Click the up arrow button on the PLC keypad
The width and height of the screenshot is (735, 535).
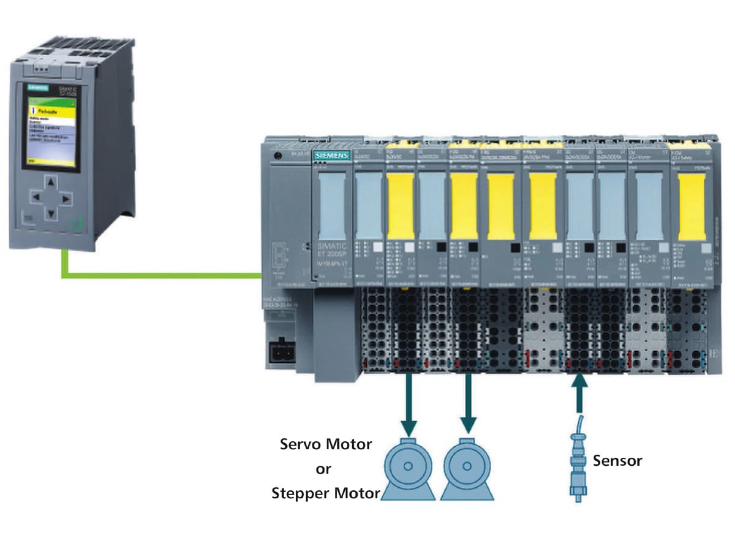click(51, 182)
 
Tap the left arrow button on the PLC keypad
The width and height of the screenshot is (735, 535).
click(37, 198)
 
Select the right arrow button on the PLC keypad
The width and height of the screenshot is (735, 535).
click(66, 198)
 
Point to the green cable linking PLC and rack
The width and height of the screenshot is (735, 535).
click(159, 275)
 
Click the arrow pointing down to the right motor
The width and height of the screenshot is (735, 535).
click(469, 404)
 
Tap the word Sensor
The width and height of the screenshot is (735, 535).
click(617, 460)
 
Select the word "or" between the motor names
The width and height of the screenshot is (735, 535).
click(323, 469)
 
